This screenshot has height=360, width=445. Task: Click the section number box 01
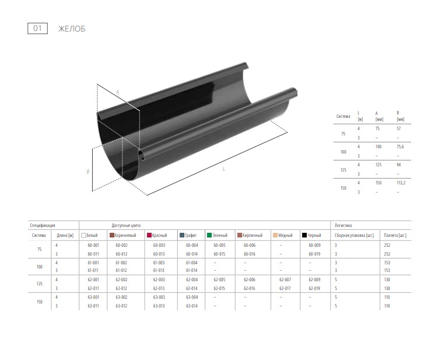pos(37,29)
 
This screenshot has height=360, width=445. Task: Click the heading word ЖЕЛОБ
pos(72,29)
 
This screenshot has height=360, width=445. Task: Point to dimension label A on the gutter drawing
pos(118,92)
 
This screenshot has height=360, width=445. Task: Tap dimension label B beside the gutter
pos(88,172)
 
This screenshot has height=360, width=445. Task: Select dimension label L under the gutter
pos(223,169)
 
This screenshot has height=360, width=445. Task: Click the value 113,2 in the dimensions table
pos(401,183)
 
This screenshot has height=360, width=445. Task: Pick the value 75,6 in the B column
pos(400,146)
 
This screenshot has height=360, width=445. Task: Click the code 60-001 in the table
pos(93,245)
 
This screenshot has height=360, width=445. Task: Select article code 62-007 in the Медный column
pos(285,279)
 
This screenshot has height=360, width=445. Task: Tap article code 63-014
pos(192,306)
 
